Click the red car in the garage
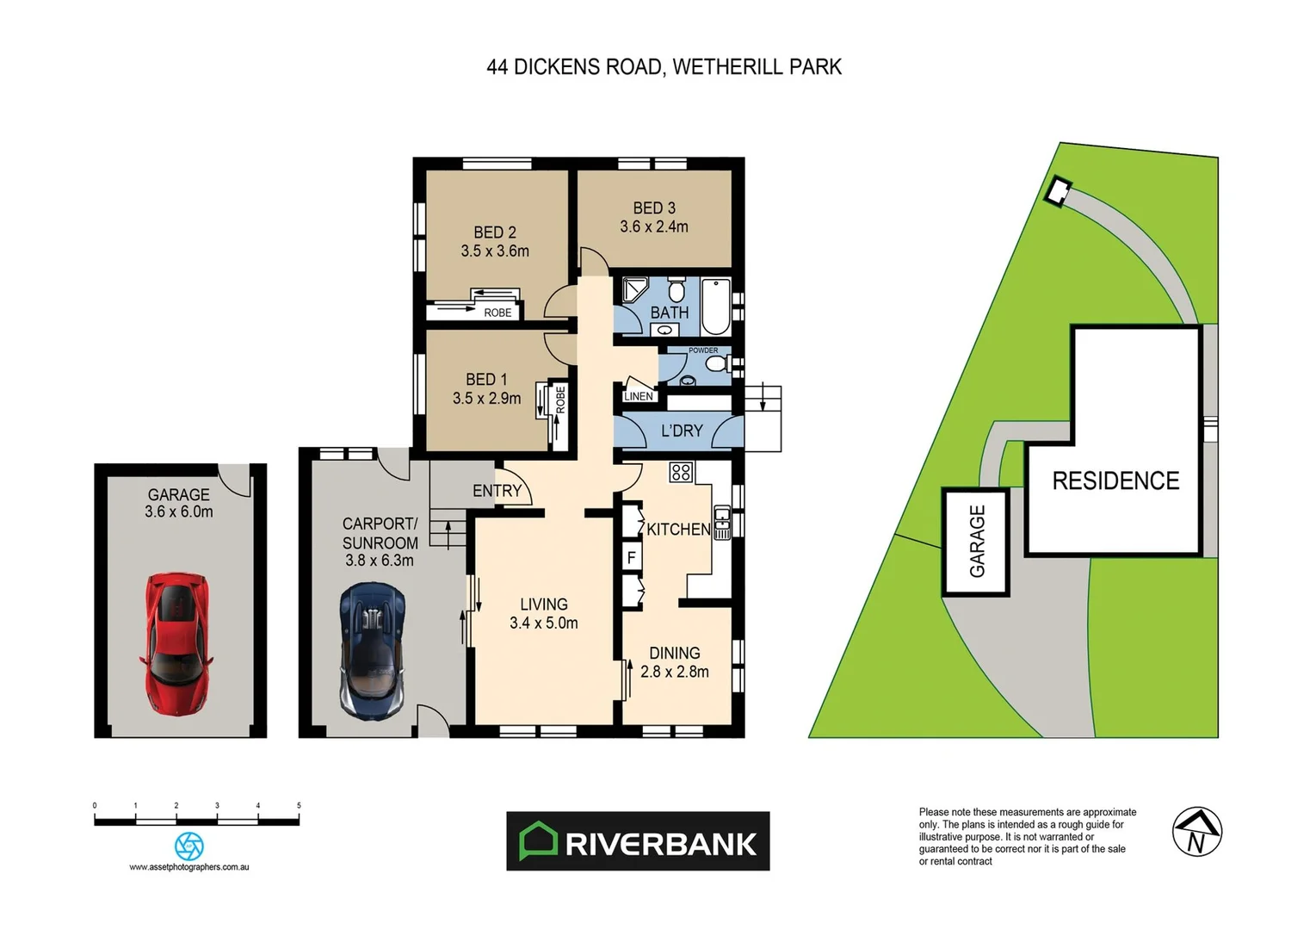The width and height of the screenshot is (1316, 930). (176, 643)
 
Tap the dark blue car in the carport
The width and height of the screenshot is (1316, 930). (373, 650)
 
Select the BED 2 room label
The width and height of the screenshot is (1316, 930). (495, 232)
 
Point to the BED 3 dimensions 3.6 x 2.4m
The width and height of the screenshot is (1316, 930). (654, 227)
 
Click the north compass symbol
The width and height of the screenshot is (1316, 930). (1197, 832)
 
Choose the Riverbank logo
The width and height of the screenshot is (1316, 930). (638, 841)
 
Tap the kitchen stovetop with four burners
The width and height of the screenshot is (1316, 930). (681, 472)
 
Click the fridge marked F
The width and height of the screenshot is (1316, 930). (632, 557)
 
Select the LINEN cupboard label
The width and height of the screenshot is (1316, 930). (639, 396)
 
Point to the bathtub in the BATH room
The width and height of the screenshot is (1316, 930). (715, 307)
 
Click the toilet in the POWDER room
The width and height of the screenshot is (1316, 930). (714, 364)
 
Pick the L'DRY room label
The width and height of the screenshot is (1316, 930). (682, 431)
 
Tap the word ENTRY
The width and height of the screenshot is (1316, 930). (497, 491)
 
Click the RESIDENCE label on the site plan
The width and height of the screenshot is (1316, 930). (1115, 480)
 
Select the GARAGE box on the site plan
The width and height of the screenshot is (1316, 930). (976, 542)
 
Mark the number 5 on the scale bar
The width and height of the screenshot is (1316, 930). (299, 806)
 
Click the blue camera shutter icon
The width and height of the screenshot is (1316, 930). (189, 846)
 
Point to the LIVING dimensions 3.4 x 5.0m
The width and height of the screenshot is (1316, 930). (544, 623)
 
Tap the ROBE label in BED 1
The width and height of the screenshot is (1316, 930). (560, 400)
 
